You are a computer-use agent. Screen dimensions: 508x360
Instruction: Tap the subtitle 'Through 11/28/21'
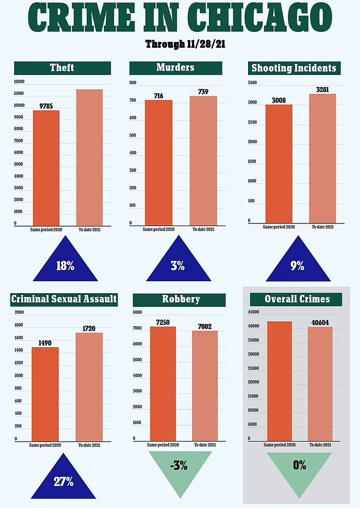coord(180,44)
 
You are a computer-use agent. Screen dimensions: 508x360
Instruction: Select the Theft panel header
coord(61,68)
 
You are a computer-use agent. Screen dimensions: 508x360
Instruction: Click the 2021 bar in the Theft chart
coord(90,157)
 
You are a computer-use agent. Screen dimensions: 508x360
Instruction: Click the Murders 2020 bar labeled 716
coord(159,163)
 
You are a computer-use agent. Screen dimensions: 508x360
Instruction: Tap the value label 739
coord(203,92)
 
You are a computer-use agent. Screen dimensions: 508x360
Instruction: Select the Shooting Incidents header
coord(294,68)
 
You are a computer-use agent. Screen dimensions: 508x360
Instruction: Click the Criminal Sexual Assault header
coord(64,299)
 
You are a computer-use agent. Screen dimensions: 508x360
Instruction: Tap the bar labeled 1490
coord(45,394)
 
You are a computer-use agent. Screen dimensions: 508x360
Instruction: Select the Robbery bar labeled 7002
coord(205,385)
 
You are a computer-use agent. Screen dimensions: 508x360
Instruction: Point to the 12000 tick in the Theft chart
coord(20,81)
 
